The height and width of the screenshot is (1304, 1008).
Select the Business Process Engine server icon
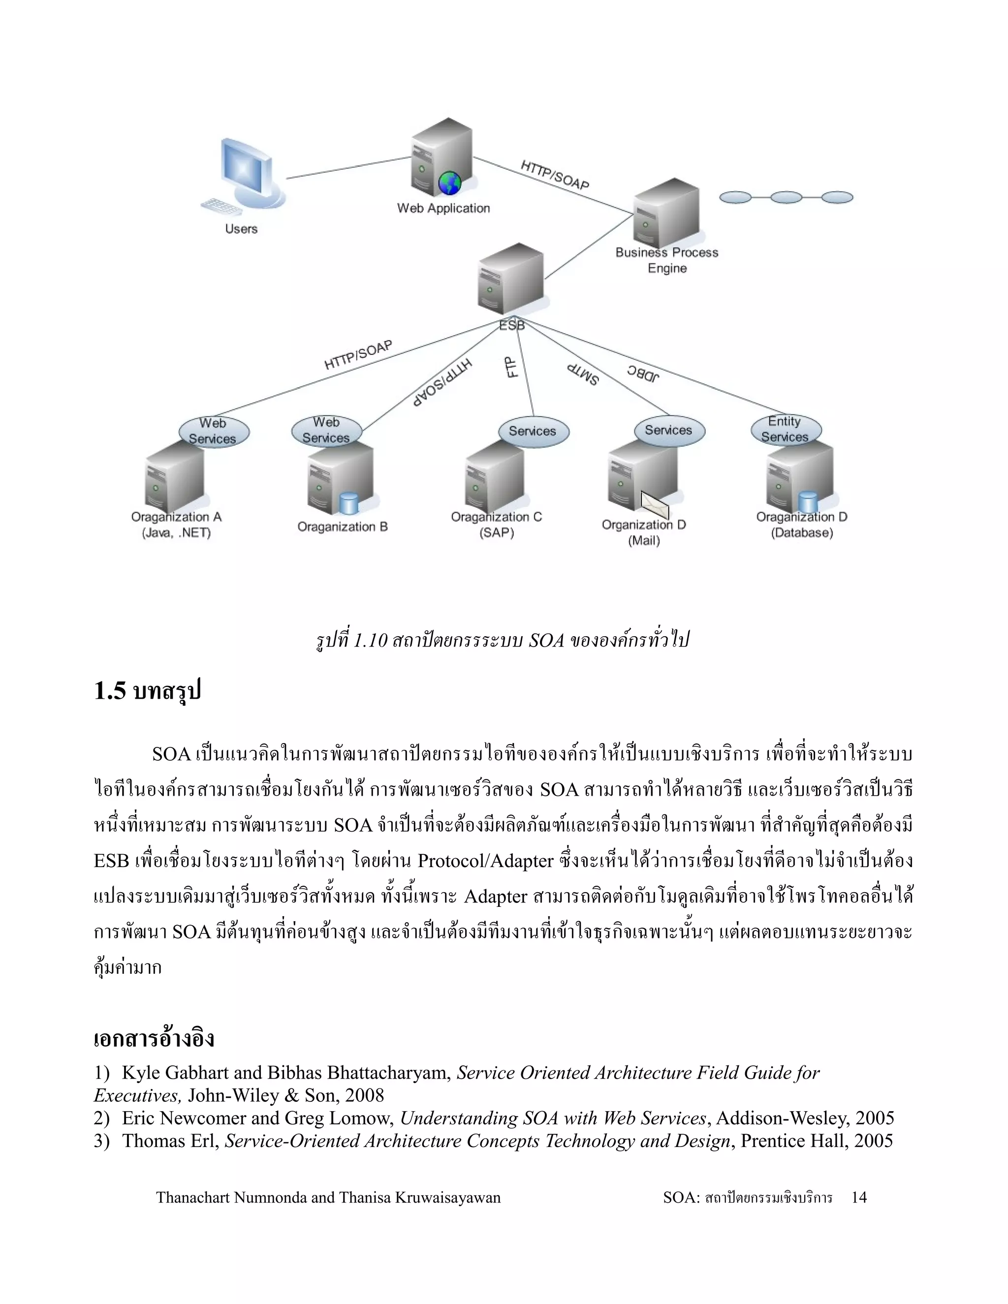tap(666, 214)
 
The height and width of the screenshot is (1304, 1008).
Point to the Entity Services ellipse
tap(785, 429)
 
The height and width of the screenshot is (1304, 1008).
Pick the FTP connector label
tap(512, 367)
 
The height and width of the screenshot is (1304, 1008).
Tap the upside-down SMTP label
tap(583, 374)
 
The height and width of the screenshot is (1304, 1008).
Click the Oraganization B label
tap(342, 527)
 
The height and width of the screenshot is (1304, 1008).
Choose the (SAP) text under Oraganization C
tap(496, 532)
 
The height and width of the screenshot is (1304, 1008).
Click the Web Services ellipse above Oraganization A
tap(213, 431)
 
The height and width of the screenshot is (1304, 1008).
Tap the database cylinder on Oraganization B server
tap(349, 503)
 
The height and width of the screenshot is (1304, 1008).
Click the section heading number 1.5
tap(110, 691)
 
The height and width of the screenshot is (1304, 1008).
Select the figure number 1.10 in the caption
tap(370, 641)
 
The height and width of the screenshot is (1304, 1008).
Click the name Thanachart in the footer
tap(193, 1197)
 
